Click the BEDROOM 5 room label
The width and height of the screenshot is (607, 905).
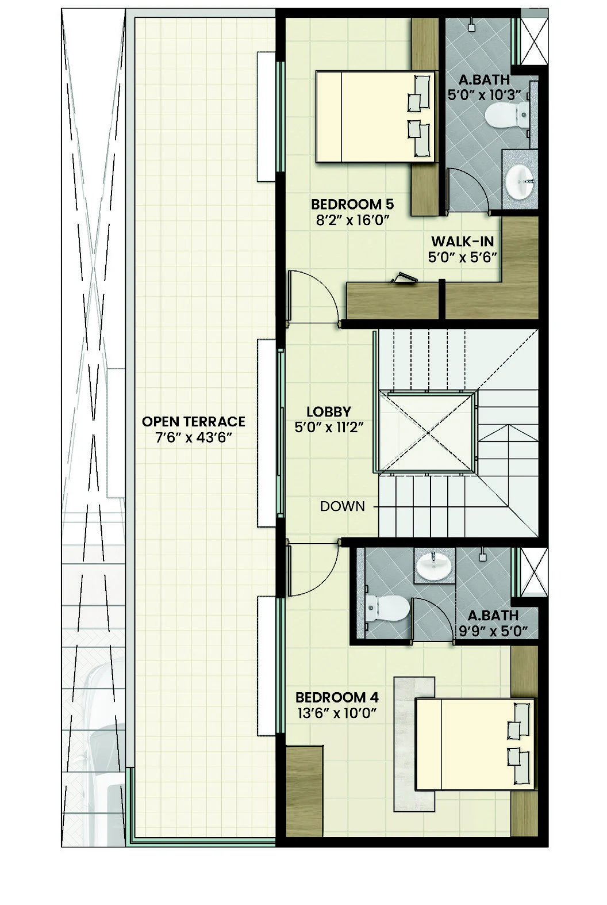point(352,204)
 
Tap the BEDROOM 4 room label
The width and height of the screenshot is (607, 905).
point(336,698)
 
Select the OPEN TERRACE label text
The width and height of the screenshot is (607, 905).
point(193,422)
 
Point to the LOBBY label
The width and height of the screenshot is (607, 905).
point(328,411)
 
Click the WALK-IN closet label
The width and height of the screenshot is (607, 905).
point(462,241)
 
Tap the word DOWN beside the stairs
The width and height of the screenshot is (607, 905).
point(342,506)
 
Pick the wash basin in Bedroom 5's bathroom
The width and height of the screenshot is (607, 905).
point(520,181)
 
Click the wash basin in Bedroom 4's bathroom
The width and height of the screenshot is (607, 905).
point(433,566)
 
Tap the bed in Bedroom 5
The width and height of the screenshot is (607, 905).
point(374,117)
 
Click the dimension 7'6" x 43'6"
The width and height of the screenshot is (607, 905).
point(193,437)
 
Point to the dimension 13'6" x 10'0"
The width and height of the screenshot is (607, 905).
point(336,714)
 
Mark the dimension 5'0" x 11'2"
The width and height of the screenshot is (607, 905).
point(328,427)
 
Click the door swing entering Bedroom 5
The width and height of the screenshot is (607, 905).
point(313,296)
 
